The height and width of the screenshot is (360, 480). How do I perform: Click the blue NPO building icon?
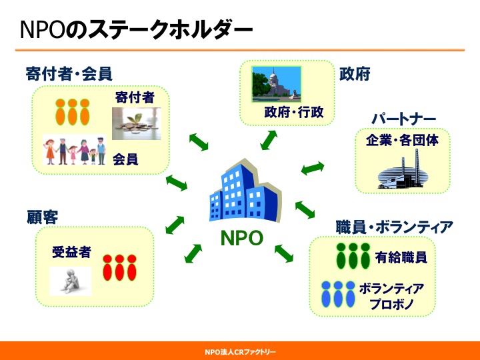[x=245, y=191]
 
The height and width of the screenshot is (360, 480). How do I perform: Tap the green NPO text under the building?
[x=242, y=238]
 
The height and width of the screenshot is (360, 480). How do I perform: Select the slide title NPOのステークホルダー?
[x=137, y=29]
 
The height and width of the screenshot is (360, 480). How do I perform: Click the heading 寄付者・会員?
[x=69, y=74]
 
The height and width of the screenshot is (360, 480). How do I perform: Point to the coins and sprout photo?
[x=137, y=123]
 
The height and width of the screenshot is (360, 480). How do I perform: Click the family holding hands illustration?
[x=75, y=150]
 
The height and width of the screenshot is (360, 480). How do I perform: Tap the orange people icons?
[x=73, y=112]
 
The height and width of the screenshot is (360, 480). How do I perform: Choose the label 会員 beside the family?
[x=125, y=159]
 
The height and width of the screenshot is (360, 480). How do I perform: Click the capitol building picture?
[x=277, y=84]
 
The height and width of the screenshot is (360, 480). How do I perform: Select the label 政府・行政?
[x=294, y=113]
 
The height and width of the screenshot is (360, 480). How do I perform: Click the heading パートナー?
[x=403, y=119]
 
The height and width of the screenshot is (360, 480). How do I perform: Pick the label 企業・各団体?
[x=402, y=140]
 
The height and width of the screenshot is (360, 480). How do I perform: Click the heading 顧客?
[x=42, y=217]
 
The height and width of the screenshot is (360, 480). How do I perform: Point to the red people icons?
[x=119, y=267]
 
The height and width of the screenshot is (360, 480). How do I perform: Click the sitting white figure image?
[x=71, y=281]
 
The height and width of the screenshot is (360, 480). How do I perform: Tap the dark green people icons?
[x=353, y=256]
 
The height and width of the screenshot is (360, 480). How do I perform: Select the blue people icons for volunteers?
[x=338, y=294]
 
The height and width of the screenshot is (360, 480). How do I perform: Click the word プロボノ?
[x=391, y=304]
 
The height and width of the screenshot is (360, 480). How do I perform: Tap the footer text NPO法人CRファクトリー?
[x=240, y=352]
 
